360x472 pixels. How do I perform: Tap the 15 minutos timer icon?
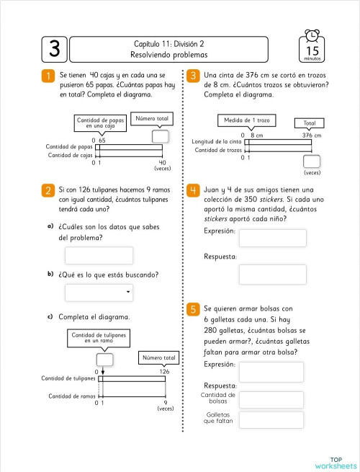pyautogui.click(x=312, y=47)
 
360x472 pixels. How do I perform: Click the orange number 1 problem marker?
pyautogui.click(x=48, y=76)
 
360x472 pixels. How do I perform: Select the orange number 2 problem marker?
pyautogui.click(x=48, y=190)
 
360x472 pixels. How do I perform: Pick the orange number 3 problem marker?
pyautogui.click(x=193, y=76)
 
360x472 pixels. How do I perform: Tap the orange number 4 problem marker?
pyautogui.click(x=193, y=190)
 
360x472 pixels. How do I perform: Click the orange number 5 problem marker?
pyautogui.click(x=193, y=309)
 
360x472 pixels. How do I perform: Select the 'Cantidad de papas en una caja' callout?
pyautogui.click(x=101, y=123)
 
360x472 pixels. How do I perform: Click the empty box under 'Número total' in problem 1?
pyautogui.click(x=161, y=136)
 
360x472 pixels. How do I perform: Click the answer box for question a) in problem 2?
pyautogui.click(x=99, y=256)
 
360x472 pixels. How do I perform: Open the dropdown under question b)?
pyautogui.click(x=99, y=292)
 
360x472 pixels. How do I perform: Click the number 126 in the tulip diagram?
pyautogui.click(x=164, y=372)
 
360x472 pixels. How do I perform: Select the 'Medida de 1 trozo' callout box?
pyautogui.click(x=244, y=120)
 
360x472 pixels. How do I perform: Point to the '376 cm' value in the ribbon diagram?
pyautogui.click(x=311, y=135)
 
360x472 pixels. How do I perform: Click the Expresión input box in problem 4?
pyautogui.click(x=272, y=238)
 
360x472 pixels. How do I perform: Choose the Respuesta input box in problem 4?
pyautogui.click(x=272, y=274)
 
